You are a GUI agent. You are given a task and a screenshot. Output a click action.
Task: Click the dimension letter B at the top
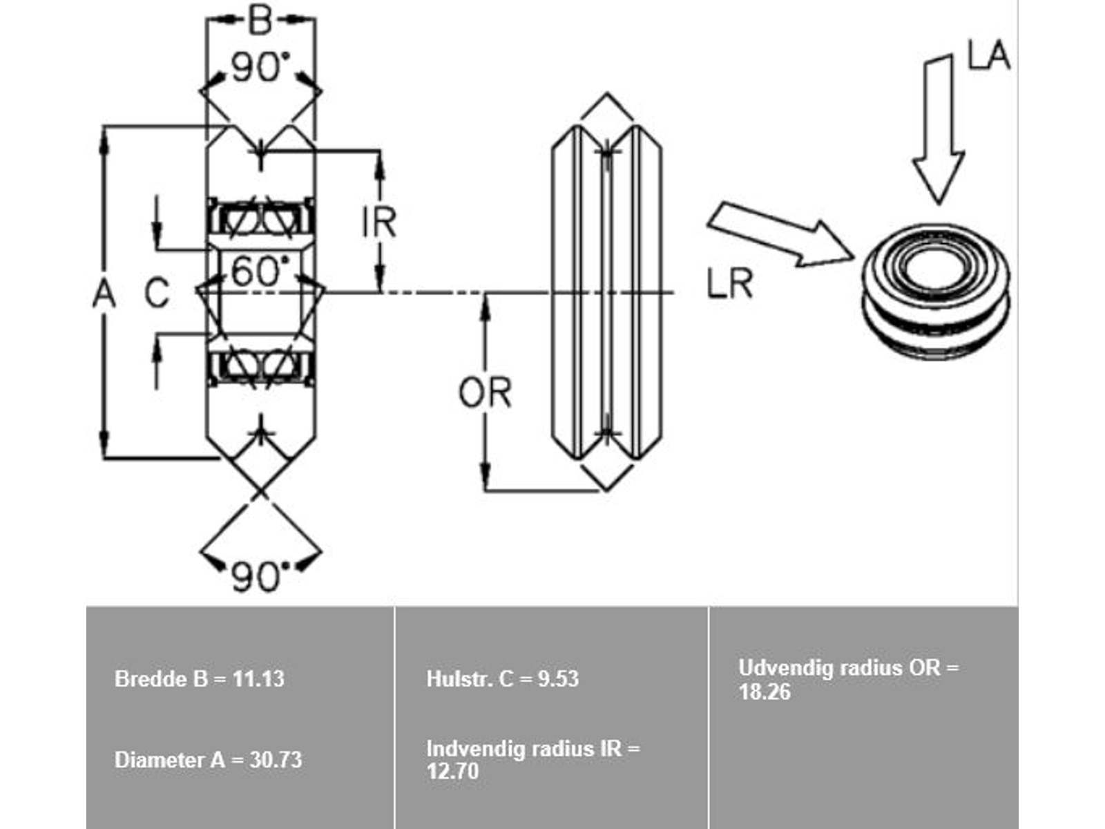click(260, 21)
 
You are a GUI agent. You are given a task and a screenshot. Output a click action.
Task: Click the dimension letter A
click(104, 294)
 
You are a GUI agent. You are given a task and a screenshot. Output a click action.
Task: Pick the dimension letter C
click(157, 293)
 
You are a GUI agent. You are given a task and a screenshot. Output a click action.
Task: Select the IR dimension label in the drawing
click(379, 222)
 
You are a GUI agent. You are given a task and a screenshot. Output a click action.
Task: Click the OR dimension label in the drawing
click(485, 392)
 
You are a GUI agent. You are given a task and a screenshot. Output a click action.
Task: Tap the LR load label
click(729, 283)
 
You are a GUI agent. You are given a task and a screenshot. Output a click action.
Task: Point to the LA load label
click(988, 55)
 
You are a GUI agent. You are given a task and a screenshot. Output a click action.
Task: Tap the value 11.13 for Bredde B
click(258, 679)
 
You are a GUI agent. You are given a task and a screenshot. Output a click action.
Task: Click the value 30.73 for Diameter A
click(276, 760)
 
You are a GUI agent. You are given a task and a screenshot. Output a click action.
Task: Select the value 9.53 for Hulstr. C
click(558, 679)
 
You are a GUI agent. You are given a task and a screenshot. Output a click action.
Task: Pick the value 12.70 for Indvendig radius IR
click(452, 771)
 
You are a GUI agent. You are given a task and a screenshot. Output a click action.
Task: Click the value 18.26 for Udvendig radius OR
click(765, 692)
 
